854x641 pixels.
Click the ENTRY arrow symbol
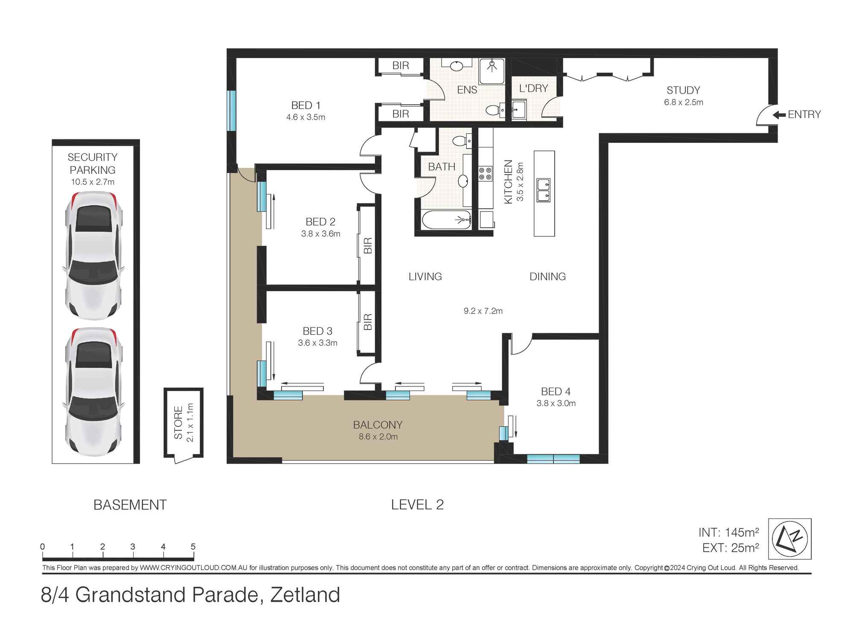click(779, 115)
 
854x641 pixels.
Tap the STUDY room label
click(683, 90)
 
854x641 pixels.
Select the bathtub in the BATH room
click(447, 220)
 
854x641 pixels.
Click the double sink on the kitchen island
click(544, 190)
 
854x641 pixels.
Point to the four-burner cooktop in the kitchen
click(485, 173)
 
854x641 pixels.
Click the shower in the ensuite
click(492, 71)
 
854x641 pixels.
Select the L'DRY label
click(533, 88)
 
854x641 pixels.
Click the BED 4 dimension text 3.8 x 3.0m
click(556, 403)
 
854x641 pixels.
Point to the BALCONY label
click(377, 425)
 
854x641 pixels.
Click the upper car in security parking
click(94, 256)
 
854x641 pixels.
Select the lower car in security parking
click(94, 392)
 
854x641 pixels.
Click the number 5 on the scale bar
click(193, 547)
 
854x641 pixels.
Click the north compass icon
click(790, 539)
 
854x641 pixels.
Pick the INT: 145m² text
click(728, 532)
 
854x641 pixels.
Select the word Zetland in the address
click(305, 595)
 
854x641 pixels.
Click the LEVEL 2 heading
click(417, 505)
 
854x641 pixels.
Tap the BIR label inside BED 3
click(368, 322)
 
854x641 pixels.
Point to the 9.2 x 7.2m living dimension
click(483, 311)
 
